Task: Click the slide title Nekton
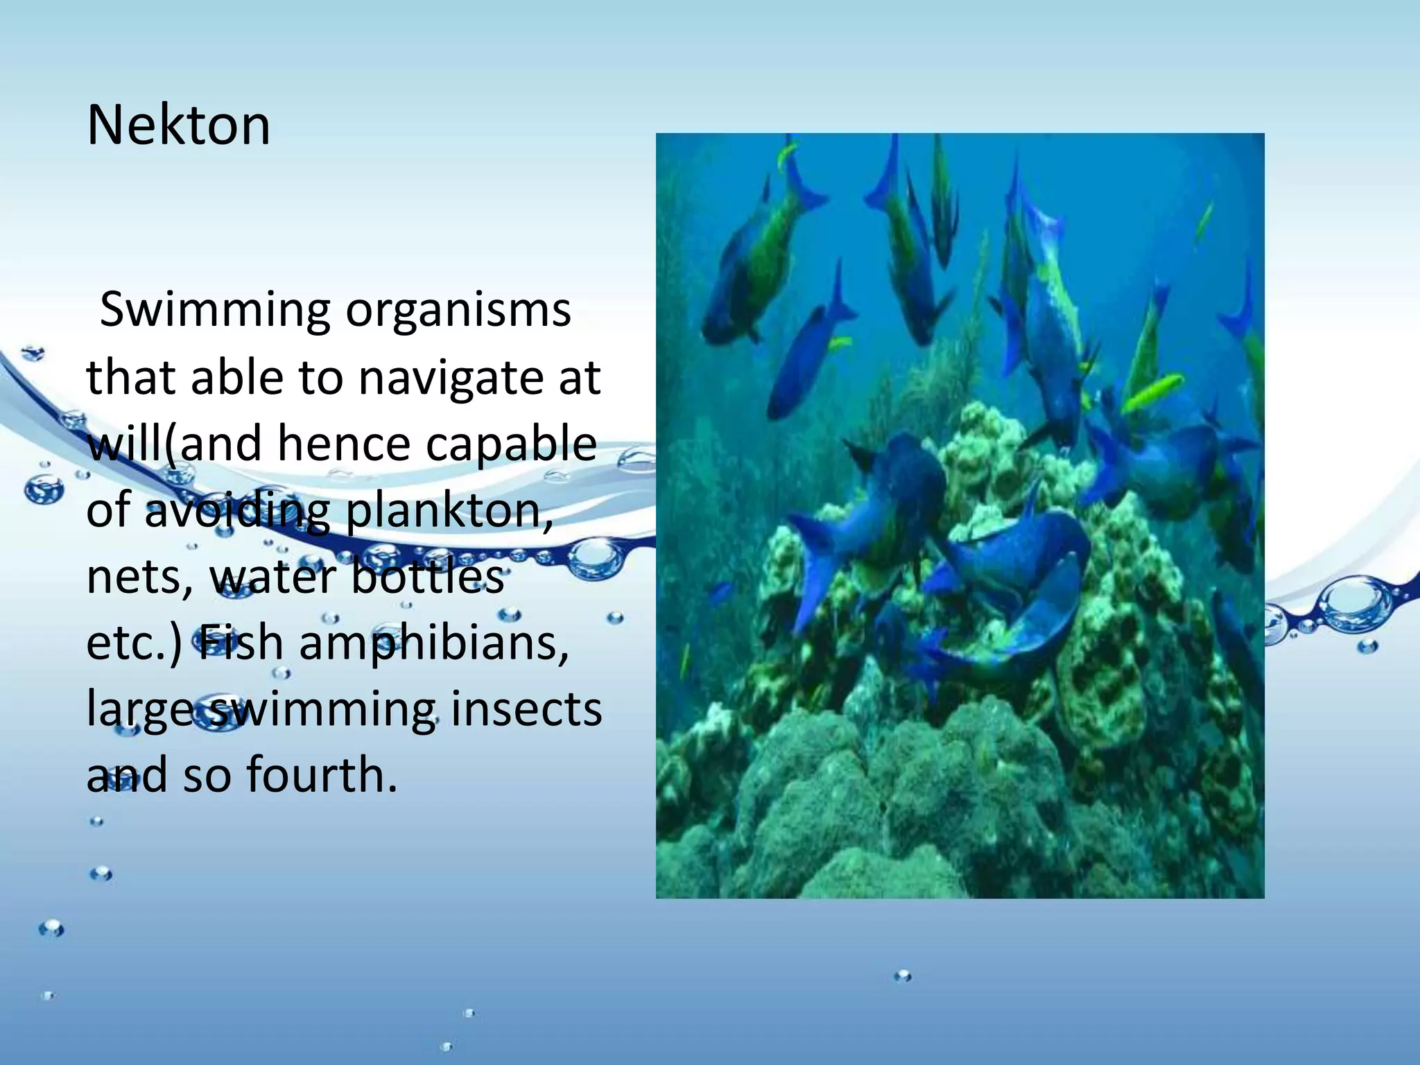(178, 125)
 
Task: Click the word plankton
(449, 511)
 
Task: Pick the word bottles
(428, 576)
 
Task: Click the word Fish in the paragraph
(241, 643)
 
